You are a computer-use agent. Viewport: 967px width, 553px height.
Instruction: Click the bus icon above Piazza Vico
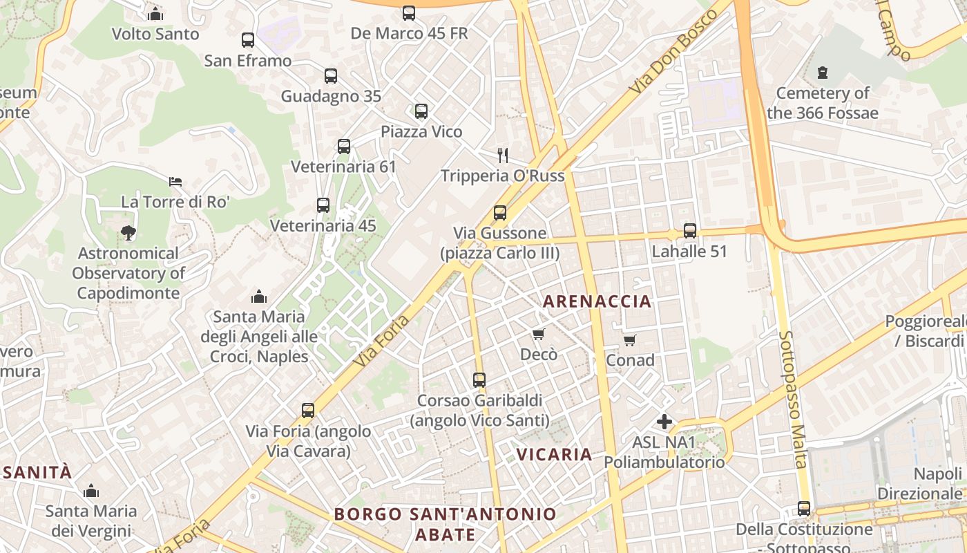tap(421, 111)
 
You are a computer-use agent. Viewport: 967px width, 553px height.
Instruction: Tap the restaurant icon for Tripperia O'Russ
tap(503, 156)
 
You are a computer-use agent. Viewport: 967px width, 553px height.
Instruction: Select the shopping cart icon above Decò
tap(538, 335)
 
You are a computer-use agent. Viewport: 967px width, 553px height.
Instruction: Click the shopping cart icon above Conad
tap(629, 341)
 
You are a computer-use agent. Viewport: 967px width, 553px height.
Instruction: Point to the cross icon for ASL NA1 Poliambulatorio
tap(664, 421)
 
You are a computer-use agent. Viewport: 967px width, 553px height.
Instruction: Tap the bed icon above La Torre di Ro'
tap(175, 182)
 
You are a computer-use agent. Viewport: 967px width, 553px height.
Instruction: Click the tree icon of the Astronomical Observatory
tap(128, 233)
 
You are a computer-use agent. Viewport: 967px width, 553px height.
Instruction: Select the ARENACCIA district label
tap(597, 301)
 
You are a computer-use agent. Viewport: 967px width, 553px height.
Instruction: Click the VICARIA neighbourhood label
tap(555, 454)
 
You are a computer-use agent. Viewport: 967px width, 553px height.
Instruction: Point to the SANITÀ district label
tap(36, 473)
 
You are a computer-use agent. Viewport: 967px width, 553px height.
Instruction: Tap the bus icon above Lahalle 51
tap(689, 231)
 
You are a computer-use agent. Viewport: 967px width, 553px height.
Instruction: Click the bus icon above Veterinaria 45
tap(323, 205)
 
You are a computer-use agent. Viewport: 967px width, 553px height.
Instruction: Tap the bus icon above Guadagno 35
tap(331, 76)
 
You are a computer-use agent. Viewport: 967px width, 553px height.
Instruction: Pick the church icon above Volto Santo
tap(155, 14)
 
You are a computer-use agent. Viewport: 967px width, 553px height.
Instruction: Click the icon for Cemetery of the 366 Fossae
tap(822, 72)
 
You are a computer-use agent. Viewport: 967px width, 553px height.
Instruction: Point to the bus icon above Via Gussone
tap(499, 213)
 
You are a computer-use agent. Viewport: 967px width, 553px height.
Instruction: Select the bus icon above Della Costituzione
tap(803, 509)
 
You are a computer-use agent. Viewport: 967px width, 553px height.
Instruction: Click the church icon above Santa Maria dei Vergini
tap(90, 491)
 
